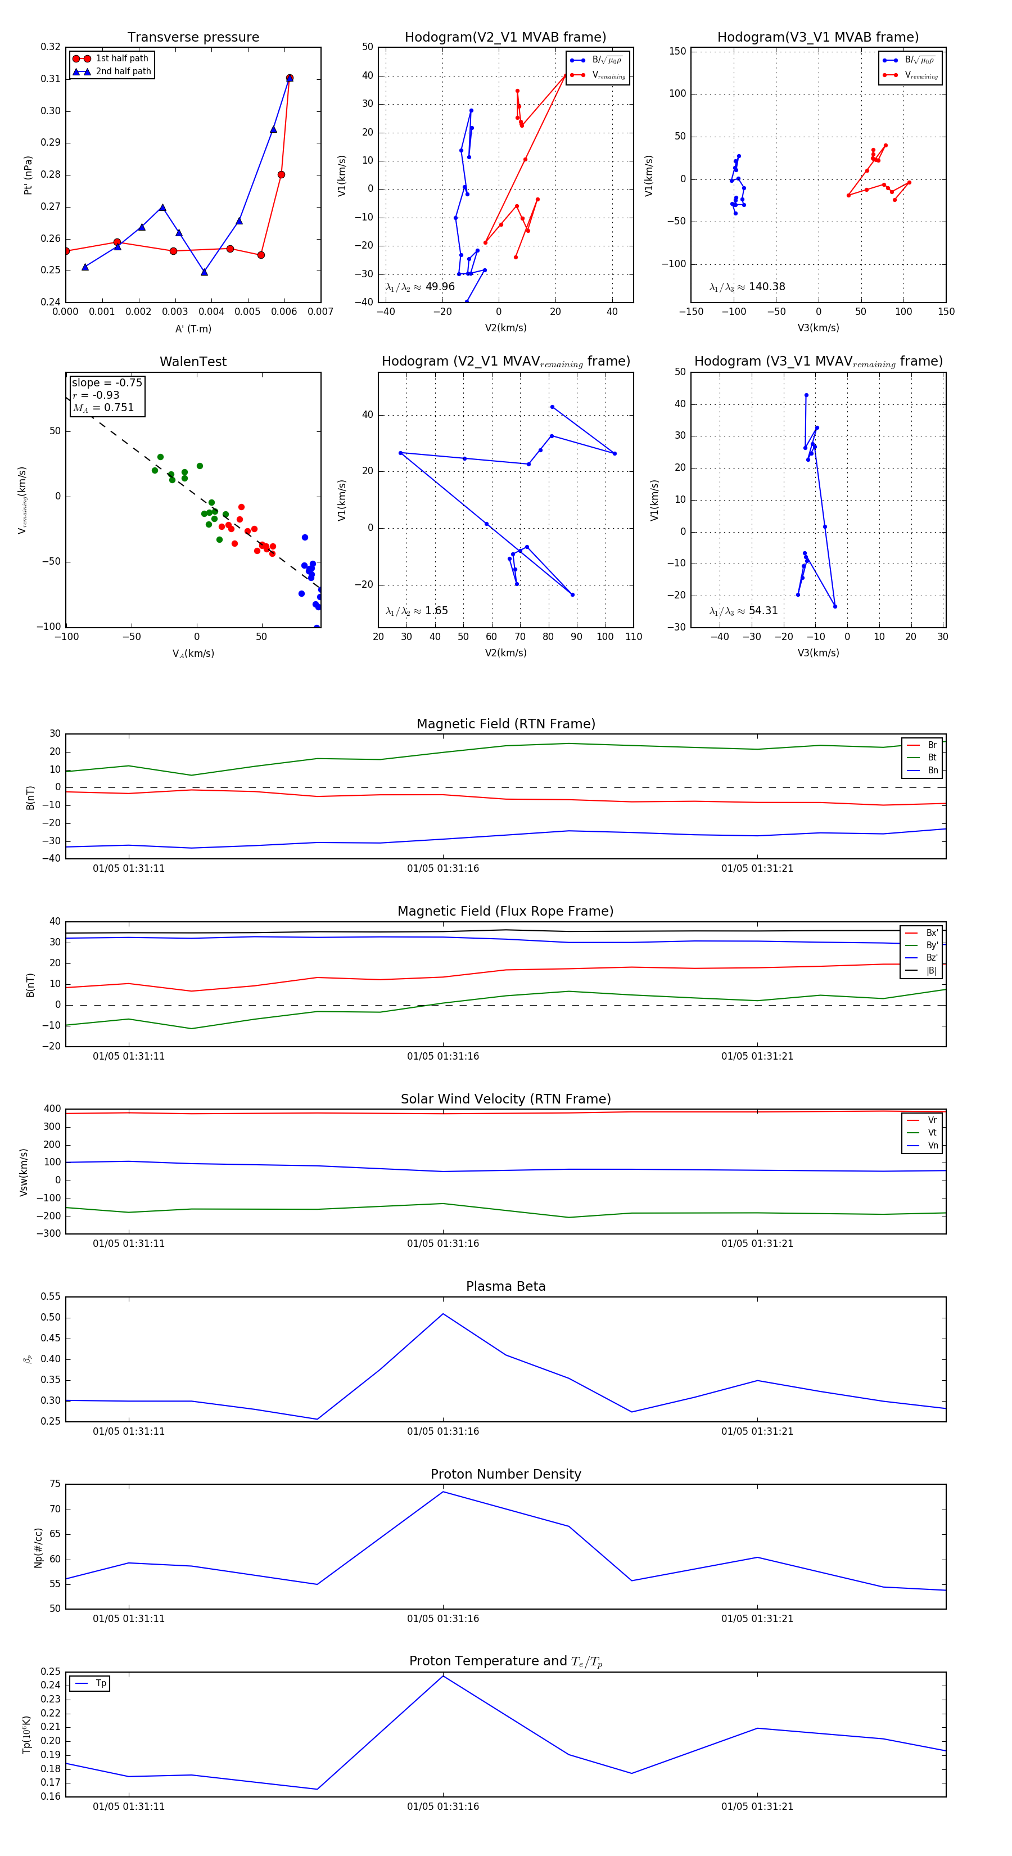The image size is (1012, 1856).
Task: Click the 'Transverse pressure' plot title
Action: pos(193,38)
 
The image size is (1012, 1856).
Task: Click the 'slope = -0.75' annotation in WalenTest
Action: pos(107,382)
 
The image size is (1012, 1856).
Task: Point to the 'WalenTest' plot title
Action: pos(193,362)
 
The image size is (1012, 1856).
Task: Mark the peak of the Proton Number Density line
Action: pos(443,1492)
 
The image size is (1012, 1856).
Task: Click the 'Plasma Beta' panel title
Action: pos(505,1286)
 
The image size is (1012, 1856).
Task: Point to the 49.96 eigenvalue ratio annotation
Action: pos(420,287)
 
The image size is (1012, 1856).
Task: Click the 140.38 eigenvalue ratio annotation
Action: pos(747,287)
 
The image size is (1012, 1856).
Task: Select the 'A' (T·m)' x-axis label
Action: pos(193,328)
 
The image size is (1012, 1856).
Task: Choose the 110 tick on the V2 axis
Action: pos(633,636)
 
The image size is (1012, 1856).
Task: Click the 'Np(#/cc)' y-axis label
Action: pos(39,1548)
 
